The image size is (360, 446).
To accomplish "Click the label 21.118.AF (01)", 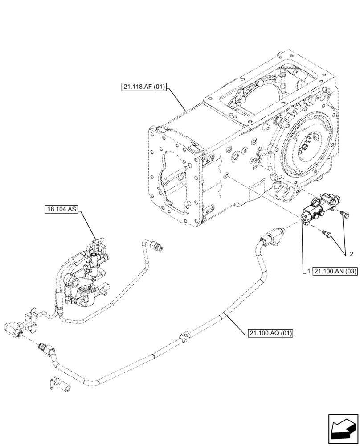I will coord(143,87).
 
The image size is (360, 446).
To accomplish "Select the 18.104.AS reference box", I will coord(61,208).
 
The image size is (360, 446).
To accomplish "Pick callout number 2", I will coord(352,254).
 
